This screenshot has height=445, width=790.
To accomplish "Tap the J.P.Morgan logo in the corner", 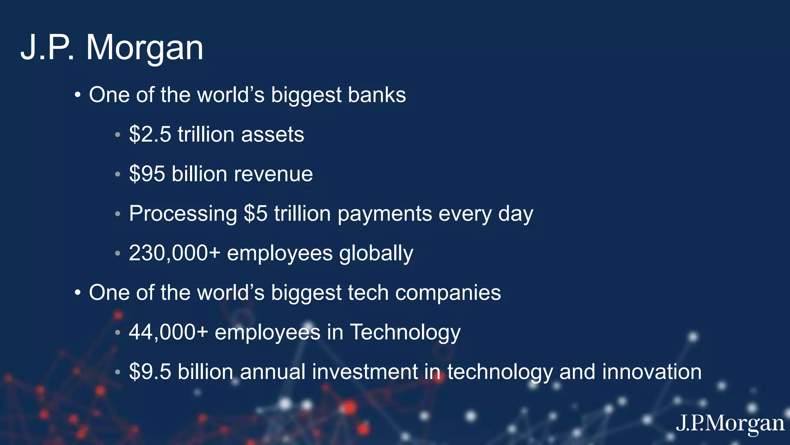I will click(730, 424).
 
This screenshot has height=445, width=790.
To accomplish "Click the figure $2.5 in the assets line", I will click(150, 134).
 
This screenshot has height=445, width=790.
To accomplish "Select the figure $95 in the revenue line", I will click(147, 174).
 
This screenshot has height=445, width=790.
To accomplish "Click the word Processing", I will click(183, 214).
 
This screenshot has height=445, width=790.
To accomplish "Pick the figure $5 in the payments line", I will click(255, 214).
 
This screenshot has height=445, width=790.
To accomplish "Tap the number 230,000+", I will click(174, 253).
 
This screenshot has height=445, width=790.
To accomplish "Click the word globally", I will click(376, 254).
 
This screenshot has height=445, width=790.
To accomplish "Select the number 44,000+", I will click(169, 332).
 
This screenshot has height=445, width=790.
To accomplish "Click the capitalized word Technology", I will click(405, 332).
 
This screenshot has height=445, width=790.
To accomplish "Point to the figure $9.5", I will click(150, 372).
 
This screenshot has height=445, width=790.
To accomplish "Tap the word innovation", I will click(652, 372).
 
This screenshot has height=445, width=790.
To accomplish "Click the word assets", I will click(272, 134).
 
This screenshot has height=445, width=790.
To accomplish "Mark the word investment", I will click(365, 372).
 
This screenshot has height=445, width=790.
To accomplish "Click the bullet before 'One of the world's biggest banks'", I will click(78, 95).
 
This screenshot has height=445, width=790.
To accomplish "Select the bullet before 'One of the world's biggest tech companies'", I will click(78, 293).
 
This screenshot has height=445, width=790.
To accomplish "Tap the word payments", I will click(385, 214).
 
